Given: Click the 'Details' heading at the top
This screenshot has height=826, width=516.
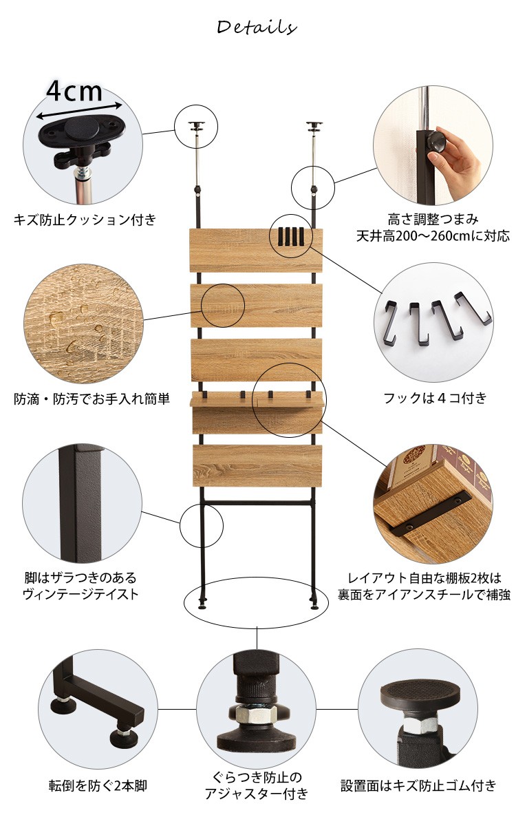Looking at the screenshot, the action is pos(257,28).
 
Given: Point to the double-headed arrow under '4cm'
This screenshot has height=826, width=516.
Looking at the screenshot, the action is pos(79,111).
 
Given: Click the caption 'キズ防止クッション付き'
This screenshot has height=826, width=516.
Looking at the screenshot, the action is pos(85,220).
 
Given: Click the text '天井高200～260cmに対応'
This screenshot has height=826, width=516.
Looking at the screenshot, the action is pos(433,236).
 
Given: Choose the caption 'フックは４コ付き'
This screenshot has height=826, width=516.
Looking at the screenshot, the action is pos(435,398).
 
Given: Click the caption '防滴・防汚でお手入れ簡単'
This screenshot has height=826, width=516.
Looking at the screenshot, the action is pos(92,399).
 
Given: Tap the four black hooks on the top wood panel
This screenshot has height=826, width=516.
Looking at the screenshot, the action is pos(291,236).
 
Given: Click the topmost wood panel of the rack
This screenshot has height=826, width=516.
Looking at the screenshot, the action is pos(256,251).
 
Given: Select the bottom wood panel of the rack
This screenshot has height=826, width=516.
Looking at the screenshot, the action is pos(257,465).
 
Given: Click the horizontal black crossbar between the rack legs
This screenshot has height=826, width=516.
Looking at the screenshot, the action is pos(257,502).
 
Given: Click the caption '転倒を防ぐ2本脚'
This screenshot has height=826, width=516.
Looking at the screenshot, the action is pos(98,786).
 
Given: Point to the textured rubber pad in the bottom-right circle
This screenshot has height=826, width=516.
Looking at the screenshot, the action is pos(420,692).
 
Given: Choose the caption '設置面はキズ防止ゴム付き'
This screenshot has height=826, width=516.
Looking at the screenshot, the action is pos(418,785).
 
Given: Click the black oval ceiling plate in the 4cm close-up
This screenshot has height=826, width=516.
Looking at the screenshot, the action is pos(85,130).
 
